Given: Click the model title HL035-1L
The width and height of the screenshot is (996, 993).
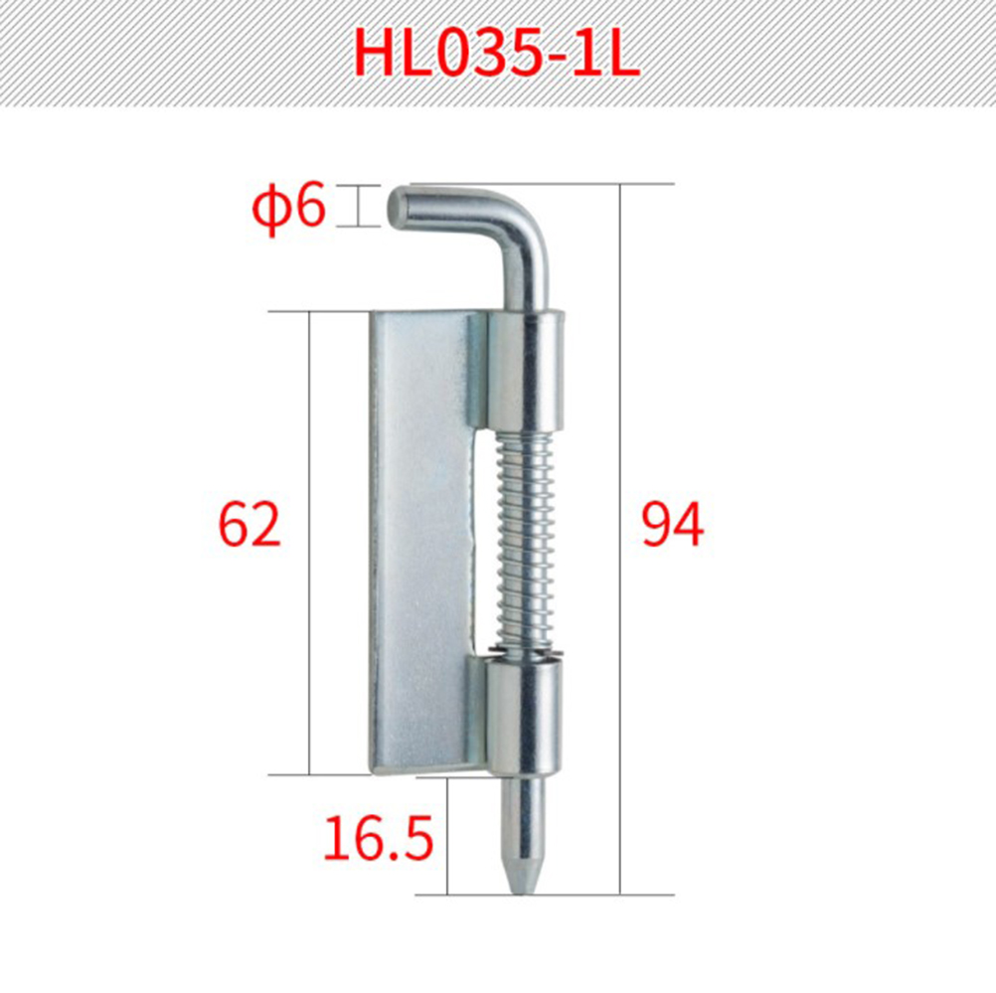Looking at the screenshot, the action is [496, 52].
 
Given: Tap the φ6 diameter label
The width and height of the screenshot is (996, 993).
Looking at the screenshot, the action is [289, 207].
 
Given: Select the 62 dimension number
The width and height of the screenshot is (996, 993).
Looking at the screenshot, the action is [249, 525].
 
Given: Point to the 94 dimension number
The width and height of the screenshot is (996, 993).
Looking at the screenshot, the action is [673, 524].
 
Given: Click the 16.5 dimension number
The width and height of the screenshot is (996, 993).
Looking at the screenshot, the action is [379, 838].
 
